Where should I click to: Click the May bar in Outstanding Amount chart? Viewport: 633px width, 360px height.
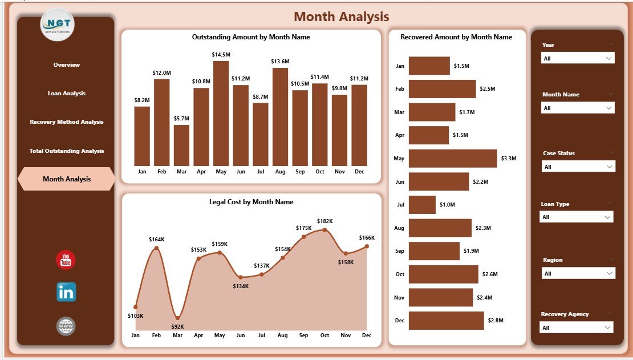click(221, 113)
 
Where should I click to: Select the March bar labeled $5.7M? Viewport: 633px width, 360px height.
click(181, 145)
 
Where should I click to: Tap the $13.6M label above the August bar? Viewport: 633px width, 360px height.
click(280, 61)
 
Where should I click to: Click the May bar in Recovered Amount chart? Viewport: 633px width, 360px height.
click(453, 159)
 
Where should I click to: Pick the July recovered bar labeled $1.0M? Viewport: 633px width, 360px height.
click(422, 205)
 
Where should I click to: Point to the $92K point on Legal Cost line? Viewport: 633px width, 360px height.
click(177, 318)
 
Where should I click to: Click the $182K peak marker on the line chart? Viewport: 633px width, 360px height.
click(324, 230)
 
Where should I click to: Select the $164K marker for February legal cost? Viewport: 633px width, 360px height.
click(156, 248)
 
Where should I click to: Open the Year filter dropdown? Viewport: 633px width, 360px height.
click(577, 58)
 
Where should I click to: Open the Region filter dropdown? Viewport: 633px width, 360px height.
click(577, 274)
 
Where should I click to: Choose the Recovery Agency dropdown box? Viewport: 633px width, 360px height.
click(576, 327)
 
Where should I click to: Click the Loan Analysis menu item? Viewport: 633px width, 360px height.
click(67, 93)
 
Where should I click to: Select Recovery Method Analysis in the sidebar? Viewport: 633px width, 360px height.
click(67, 122)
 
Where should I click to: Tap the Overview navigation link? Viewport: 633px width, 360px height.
click(67, 65)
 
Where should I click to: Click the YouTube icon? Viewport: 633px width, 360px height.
click(66, 260)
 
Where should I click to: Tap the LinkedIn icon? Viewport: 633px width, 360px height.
click(66, 292)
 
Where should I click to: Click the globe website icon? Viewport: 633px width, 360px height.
click(66, 326)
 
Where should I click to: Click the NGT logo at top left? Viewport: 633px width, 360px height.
click(58, 25)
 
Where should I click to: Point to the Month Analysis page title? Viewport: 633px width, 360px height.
click(341, 17)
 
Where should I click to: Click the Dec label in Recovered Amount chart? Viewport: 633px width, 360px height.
click(399, 321)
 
